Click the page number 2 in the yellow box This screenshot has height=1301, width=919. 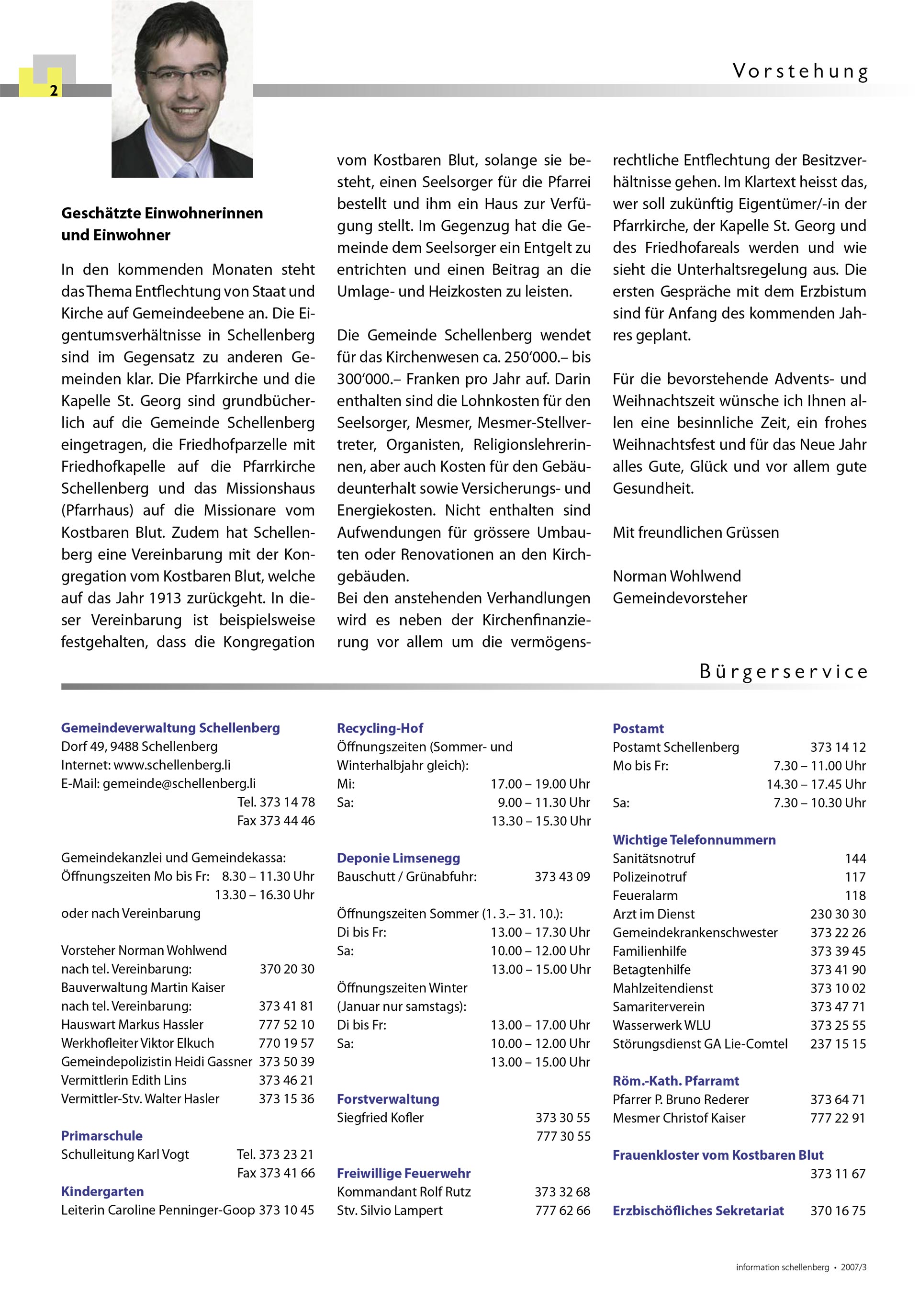coord(54,91)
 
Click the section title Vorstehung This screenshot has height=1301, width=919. coord(800,71)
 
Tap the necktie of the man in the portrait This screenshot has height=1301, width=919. coord(184,170)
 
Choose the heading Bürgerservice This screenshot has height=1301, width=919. coord(783,671)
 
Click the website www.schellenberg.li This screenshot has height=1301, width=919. coord(172,765)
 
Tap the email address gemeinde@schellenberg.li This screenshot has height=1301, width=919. coord(179,784)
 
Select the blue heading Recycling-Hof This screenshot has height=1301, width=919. coord(380,728)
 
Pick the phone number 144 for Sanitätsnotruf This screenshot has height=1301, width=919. coord(855,859)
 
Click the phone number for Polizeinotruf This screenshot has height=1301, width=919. coord(855,877)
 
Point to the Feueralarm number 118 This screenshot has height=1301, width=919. coord(855,896)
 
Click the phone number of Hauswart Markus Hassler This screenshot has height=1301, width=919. coord(286,1025)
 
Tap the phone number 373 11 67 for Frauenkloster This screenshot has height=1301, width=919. coord(838,1174)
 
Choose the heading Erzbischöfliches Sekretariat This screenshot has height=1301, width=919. coord(698,1210)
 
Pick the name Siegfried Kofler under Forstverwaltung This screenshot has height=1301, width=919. coord(380,1118)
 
